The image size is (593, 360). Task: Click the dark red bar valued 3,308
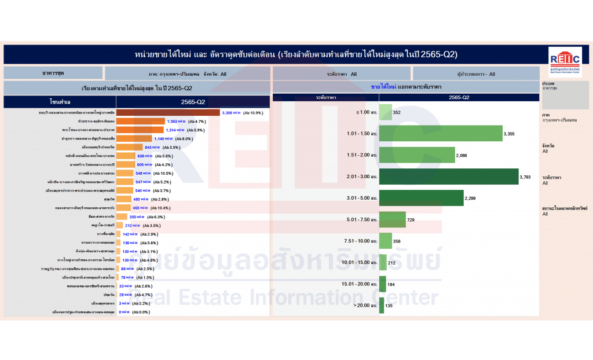pyautogui.click(x=168, y=113)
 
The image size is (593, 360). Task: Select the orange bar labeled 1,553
pyautogui.click(x=141, y=122)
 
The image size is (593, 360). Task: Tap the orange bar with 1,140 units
pyautogui.click(x=134, y=139)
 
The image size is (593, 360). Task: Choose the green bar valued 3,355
pyautogui.click(x=441, y=134)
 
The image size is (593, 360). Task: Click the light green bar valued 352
pyautogui.click(x=385, y=112)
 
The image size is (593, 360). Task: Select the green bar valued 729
pyautogui.click(x=392, y=220)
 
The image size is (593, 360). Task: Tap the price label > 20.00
pyautogui.click(x=361, y=306)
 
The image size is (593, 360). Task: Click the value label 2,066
pyautogui.click(x=462, y=156)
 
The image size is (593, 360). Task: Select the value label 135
pyautogui.click(x=389, y=306)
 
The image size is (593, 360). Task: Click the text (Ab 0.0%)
pyautogui.click(x=141, y=313)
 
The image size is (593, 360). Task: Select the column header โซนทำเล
pyautogui.click(x=60, y=102)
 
